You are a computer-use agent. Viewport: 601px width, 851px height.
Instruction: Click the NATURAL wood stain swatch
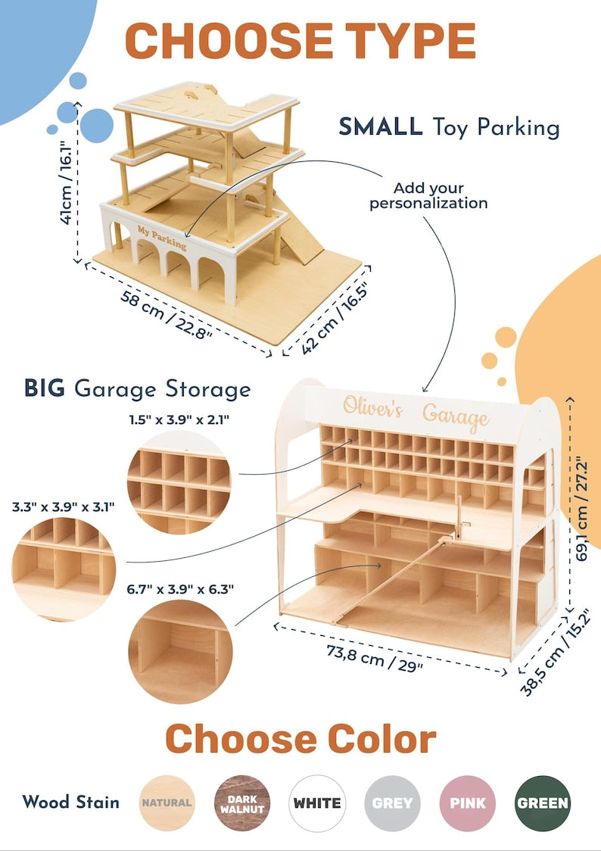[x=167, y=803]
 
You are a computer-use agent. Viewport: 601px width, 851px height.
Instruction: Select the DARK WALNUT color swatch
[x=242, y=803]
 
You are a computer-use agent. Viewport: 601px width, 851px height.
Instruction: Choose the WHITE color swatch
[x=317, y=803]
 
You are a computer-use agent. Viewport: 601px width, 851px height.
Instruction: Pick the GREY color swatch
[x=392, y=803]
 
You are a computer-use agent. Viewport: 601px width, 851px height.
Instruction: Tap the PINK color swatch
[x=468, y=803]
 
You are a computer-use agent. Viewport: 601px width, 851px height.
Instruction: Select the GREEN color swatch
[x=543, y=803]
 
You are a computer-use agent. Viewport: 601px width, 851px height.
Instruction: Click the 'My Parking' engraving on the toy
[x=162, y=238]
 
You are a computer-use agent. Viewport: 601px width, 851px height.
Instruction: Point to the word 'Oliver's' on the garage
[x=372, y=407]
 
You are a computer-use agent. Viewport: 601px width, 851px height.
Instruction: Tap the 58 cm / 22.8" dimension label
[x=166, y=315]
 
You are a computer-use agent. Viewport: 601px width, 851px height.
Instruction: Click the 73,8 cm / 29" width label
[x=374, y=658]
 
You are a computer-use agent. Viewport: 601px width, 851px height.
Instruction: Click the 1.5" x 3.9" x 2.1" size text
[x=179, y=419]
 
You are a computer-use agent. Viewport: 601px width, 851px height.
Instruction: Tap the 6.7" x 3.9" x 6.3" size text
[x=180, y=589]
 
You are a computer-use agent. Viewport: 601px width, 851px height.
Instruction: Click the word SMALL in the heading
[x=381, y=127]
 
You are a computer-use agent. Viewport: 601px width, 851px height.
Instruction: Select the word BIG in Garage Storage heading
[x=45, y=388]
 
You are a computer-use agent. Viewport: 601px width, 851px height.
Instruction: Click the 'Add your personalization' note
[x=428, y=196]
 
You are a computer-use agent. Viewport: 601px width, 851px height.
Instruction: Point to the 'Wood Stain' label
[x=71, y=802]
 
